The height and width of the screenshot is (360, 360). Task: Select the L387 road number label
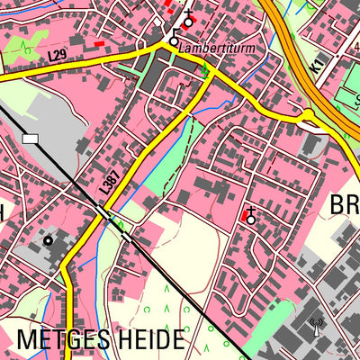tap(109, 185)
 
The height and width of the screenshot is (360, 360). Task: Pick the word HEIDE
tap(152, 341)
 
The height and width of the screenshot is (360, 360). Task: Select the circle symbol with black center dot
tap(48, 240)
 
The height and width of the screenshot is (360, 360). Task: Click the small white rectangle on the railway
tap(31, 139)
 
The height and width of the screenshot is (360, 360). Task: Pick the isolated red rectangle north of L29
tap(99, 42)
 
